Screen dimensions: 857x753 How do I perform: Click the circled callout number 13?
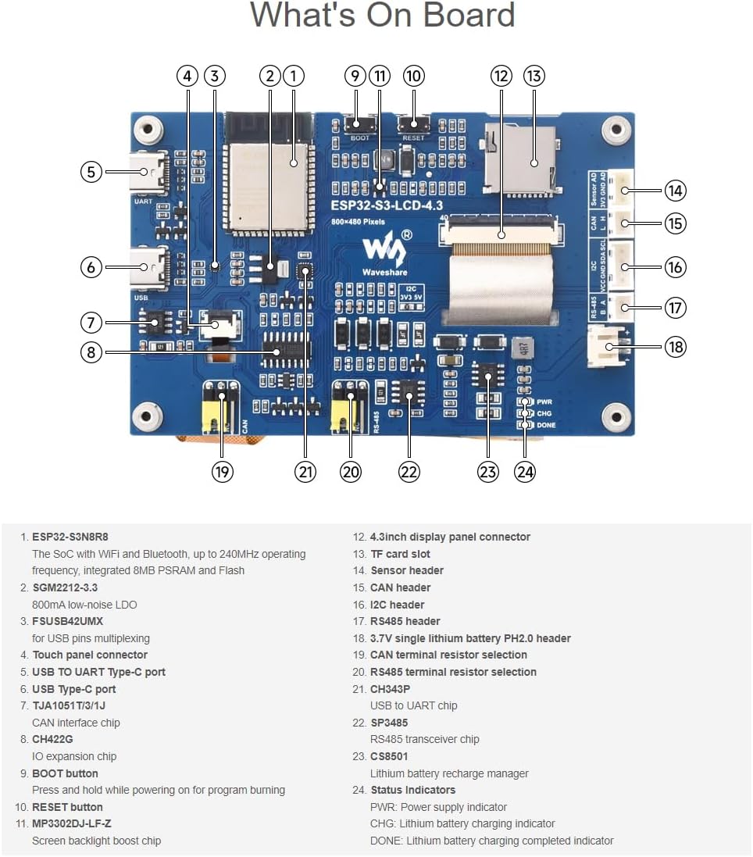tap(534, 76)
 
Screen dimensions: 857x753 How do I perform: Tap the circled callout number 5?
tap(91, 171)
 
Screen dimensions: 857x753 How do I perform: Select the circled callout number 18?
tap(675, 346)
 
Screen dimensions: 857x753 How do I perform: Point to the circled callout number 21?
tap(305, 471)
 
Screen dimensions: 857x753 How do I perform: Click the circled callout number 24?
tap(525, 471)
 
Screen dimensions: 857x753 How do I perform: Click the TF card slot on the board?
tap(521, 160)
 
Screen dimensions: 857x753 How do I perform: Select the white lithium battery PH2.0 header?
tap(609, 346)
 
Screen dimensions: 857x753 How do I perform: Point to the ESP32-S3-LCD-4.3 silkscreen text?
tap(386, 205)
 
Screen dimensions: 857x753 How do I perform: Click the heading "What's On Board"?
tap(382, 16)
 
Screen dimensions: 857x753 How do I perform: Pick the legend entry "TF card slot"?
tap(400, 554)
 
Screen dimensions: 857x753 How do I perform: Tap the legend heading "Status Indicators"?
tap(412, 790)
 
